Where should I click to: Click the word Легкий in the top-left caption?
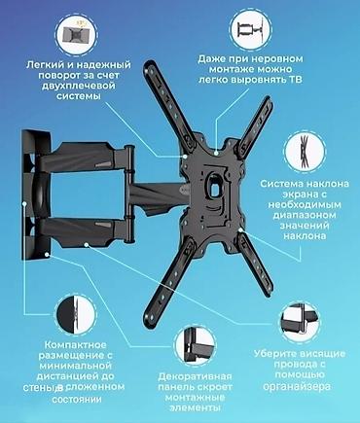pos(47,66)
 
